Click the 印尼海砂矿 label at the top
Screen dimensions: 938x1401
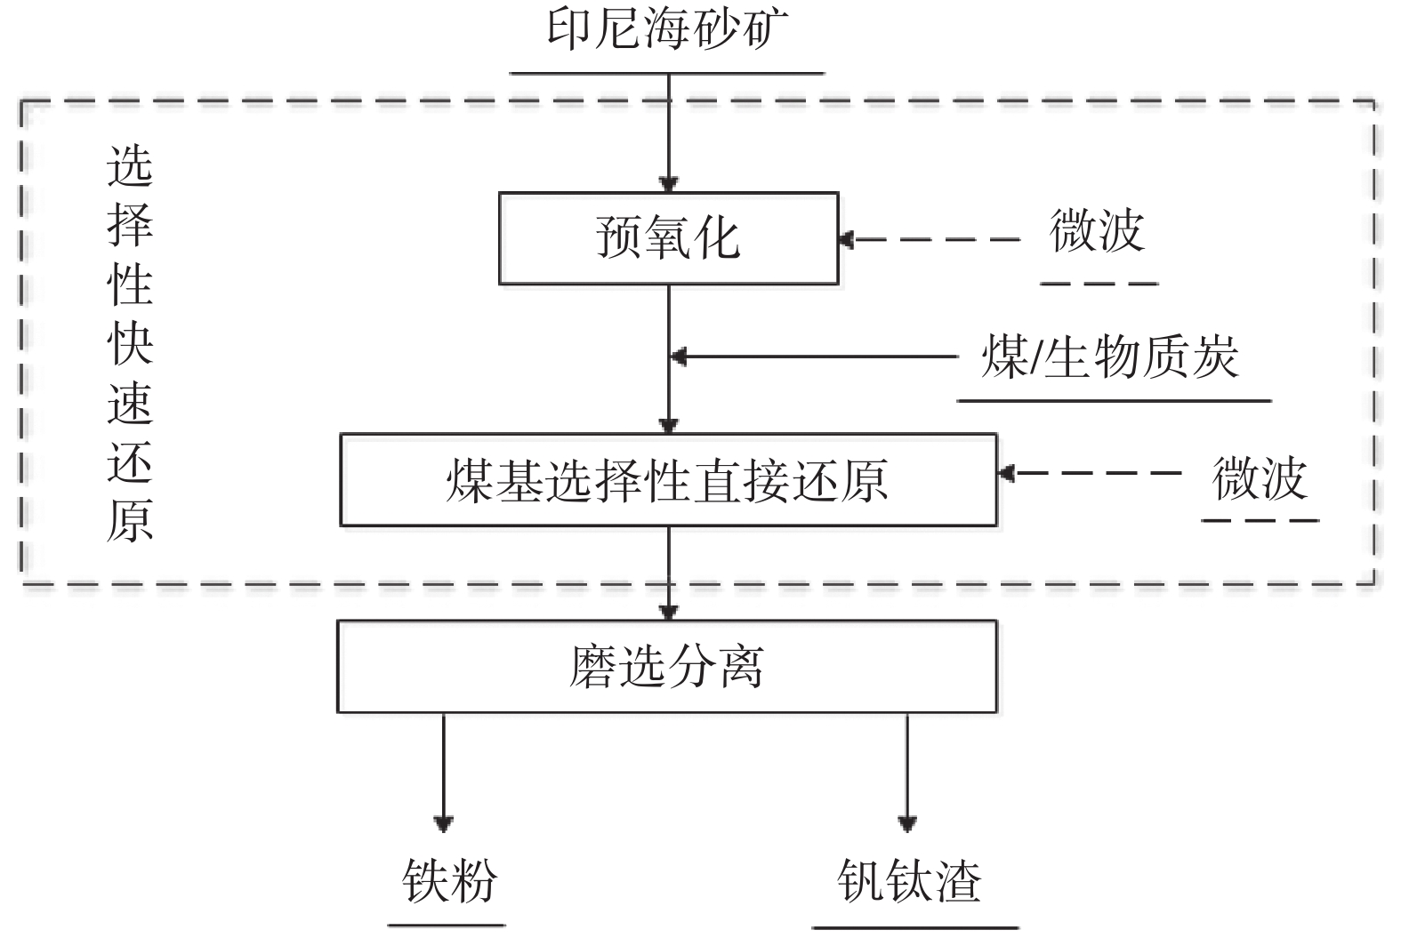tap(667, 33)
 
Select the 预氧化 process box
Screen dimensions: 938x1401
tap(668, 238)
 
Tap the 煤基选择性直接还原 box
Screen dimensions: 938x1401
tap(668, 480)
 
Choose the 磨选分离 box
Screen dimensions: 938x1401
tap(666, 666)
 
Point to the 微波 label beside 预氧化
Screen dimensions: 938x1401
tap(1097, 233)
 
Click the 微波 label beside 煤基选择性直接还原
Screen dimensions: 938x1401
tap(1260, 479)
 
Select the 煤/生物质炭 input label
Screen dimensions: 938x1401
tap(1110, 358)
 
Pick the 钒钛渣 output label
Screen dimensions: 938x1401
tap(909, 882)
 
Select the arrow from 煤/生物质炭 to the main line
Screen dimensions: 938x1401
tap(813, 357)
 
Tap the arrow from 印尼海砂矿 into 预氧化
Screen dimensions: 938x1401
tap(668, 133)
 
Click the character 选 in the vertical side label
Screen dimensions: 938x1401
tap(130, 166)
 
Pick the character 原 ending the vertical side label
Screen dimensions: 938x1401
tap(130, 520)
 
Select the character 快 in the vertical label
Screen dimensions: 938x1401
tap(130, 342)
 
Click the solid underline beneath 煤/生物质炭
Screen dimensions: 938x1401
tap(1114, 401)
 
